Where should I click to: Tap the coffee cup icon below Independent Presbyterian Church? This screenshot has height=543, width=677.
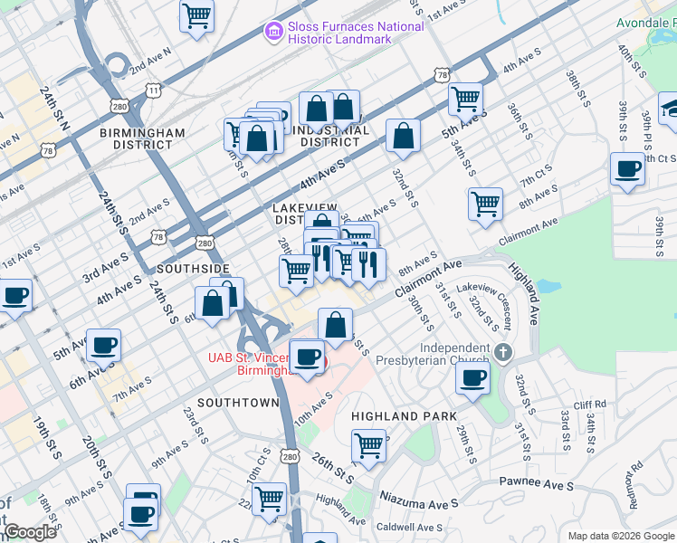[x=472, y=377]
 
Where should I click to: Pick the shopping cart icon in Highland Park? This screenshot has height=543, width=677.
[x=368, y=445]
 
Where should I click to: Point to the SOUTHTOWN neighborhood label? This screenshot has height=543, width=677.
[x=238, y=402]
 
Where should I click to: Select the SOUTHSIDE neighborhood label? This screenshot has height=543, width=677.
[x=193, y=269]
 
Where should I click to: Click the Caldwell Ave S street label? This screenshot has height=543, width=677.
[x=409, y=527]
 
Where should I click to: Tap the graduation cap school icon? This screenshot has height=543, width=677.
[x=671, y=109]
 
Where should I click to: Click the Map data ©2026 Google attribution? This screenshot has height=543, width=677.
[x=621, y=536]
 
